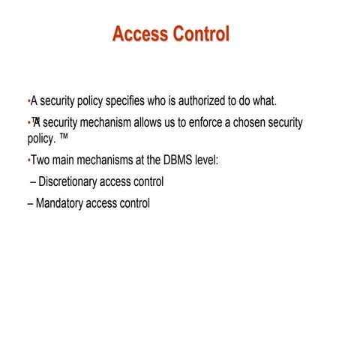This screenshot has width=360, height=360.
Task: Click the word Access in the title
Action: (139, 34)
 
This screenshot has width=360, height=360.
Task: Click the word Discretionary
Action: (70, 181)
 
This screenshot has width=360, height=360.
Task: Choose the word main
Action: (65, 160)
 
